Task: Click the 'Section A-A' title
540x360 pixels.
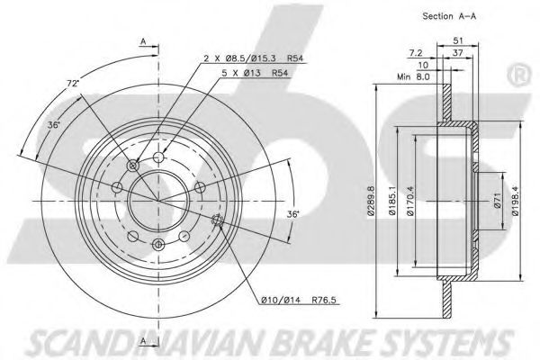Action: point(450,16)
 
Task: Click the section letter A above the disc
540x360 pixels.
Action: point(143,40)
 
